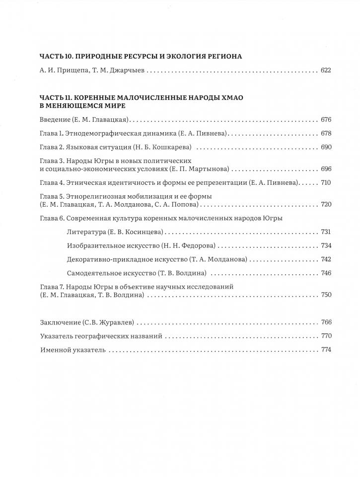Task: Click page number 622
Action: coord(326,71)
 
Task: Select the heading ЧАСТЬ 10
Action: coord(55,57)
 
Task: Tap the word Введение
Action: coord(55,120)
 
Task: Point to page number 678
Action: coord(326,134)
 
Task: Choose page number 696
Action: coord(326,169)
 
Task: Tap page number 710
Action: coord(326,183)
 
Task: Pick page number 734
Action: coord(326,246)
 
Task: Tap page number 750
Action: coord(326,295)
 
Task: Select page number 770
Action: coord(326,336)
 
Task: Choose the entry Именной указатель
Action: coord(72,350)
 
